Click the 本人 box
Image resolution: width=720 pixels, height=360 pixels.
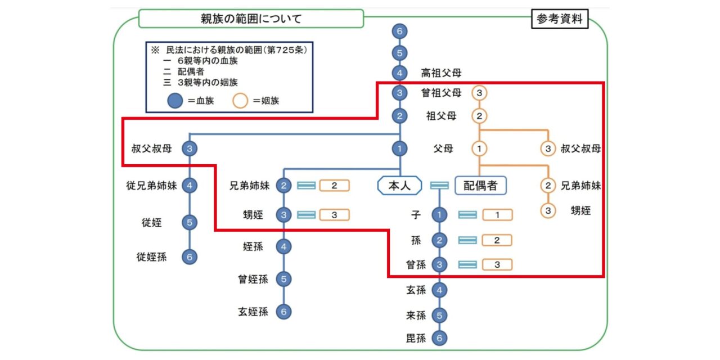(x=399, y=185)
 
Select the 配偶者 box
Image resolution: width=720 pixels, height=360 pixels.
(x=480, y=185)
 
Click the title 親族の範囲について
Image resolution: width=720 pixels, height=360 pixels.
(x=251, y=19)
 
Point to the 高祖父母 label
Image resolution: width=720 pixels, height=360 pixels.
(x=442, y=73)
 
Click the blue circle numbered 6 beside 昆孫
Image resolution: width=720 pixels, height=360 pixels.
(x=439, y=339)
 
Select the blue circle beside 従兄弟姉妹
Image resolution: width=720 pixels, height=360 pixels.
(x=190, y=185)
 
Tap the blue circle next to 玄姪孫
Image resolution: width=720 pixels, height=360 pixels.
(x=284, y=311)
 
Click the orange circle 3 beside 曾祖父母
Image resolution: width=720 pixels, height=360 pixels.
(x=479, y=93)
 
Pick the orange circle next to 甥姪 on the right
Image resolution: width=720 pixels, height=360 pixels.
(x=548, y=211)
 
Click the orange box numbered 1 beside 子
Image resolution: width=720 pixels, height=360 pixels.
(x=497, y=215)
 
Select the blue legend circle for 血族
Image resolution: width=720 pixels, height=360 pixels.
(x=175, y=101)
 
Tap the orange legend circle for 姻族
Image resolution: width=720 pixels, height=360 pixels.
(x=241, y=101)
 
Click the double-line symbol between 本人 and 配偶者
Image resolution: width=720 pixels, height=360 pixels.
(x=439, y=185)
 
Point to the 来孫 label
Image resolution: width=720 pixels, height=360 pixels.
(x=416, y=315)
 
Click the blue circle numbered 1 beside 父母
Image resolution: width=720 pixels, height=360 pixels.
(x=399, y=149)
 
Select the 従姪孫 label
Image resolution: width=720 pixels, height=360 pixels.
(x=151, y=257)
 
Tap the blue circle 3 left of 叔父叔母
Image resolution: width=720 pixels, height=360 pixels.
(x=190, y=149)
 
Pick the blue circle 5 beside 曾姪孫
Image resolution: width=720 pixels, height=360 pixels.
(x=284, y=279)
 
